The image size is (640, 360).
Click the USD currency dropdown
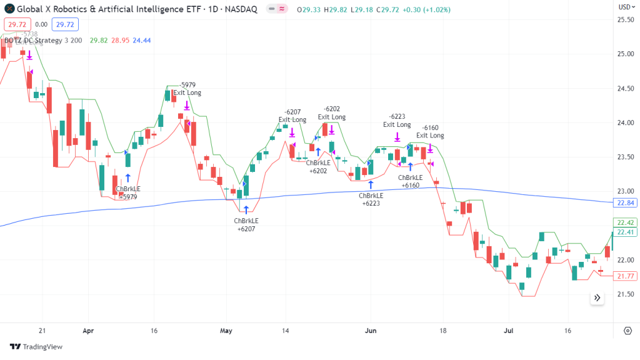pos(625,7)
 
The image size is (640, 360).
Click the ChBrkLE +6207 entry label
pos(246,224)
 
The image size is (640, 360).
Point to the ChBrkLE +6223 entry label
pos(371,199)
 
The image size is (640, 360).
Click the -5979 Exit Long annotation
pos(187,89)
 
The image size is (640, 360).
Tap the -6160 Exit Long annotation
pos(430,131)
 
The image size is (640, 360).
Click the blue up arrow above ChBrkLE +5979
pos(127,178)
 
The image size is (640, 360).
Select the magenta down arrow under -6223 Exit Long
pos(397,136)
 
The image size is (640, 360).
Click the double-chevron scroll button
pos(597,297)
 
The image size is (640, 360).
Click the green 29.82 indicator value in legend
pos(99,41)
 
